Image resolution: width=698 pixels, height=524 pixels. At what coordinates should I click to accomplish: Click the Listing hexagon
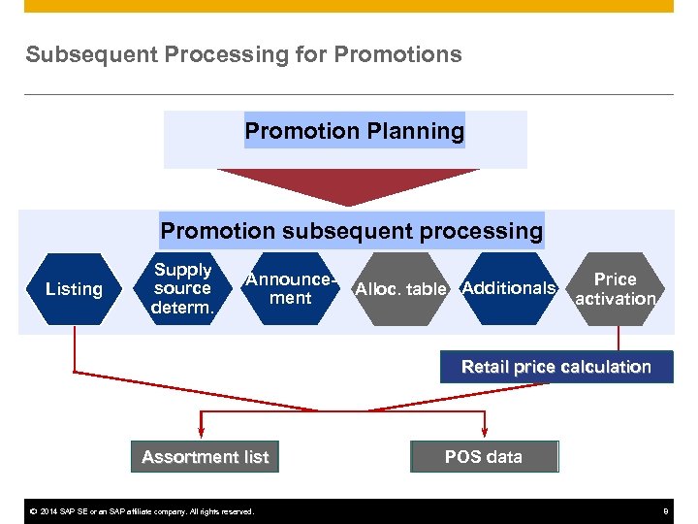(x=74, y=289)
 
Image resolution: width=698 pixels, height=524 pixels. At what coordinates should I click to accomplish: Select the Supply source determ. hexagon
(x=182, y=288)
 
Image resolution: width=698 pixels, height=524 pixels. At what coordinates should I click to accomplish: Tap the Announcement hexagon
(x=291, y=288)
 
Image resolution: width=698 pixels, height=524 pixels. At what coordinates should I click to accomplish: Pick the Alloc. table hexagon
(x=400, y=289)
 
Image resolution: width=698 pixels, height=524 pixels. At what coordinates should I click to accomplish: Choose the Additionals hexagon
(x=509, y=288)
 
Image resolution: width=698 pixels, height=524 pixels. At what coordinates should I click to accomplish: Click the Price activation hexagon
(x=616, y=288)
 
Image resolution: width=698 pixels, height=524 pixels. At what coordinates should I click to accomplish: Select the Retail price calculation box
(x=555, y=367)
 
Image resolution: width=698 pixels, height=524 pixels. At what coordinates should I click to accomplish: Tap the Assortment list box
(x=205, y=456)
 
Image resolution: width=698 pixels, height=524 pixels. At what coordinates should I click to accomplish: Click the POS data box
(x=484, y=456)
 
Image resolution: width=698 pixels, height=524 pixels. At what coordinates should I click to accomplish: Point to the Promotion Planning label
(x=354, y=130)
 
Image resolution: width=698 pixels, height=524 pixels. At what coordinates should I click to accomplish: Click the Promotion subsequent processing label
(x=351, y=231)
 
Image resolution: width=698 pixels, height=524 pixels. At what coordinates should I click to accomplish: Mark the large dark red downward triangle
(x=348, y=184)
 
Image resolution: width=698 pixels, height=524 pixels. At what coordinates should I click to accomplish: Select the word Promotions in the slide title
(x=397, y=54)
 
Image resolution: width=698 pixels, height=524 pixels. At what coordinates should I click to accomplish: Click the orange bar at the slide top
(x=349, y=6)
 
